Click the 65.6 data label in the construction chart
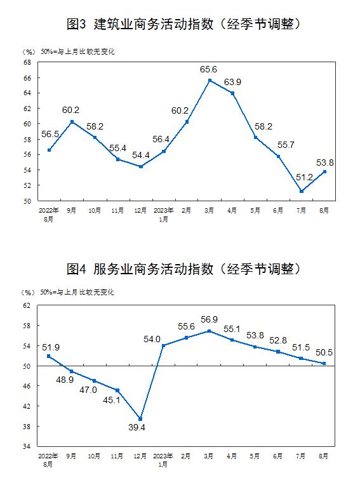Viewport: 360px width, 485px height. pos(208,70)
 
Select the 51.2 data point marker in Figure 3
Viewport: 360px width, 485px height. pos(302,192)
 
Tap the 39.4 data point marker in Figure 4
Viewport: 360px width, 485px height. pos(140,419)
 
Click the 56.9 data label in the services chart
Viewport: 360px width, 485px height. pos(209,319)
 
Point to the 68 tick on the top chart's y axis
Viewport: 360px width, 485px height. pos(27,62)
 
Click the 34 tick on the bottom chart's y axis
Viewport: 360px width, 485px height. pos(27,447)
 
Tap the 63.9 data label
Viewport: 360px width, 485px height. pos(232,83)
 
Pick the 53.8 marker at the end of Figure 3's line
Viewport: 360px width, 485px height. pos(324,171)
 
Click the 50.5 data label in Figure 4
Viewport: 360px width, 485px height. pos(324,352)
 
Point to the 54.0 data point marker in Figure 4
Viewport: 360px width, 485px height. pos(164,345)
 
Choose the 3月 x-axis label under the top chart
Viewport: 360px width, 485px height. pos(209,210)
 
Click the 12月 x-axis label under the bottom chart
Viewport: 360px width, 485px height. pos(140,456)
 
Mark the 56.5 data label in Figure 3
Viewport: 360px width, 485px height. pos(50,134)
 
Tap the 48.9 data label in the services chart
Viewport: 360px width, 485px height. pos(65,380)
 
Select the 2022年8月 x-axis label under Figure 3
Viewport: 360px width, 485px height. pos(48,215)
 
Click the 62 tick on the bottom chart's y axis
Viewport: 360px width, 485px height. pos(27,305)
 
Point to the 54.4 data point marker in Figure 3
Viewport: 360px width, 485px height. pos(141,166)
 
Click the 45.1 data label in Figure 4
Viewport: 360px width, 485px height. pos(111,400)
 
